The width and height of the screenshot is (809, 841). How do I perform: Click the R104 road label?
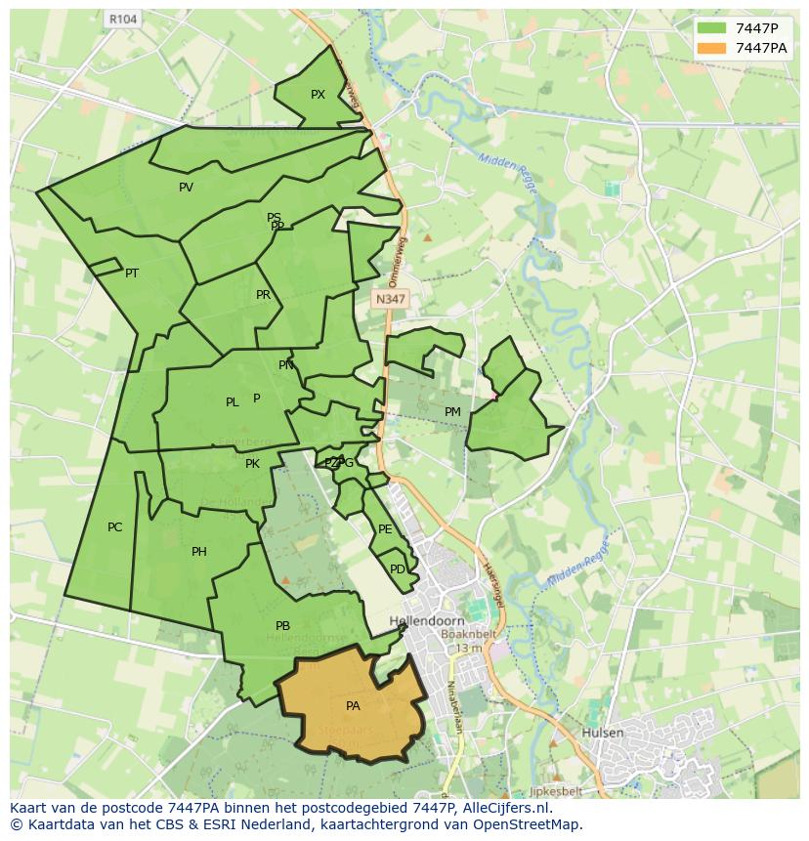coord(123,19)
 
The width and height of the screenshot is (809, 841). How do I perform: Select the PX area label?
coord(318,95)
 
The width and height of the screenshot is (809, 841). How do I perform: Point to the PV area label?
coord(186,188)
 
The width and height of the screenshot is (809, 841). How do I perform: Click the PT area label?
coord(132,273)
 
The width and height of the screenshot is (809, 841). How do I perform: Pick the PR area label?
coord(263,295)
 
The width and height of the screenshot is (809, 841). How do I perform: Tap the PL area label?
coord(232,402)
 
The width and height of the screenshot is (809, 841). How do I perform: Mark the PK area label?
coord(252,464)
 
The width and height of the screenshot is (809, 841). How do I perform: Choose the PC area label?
coord(114,527)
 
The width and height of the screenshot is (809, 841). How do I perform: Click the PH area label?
coord(199,552)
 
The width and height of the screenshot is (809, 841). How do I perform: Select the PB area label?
coord(282,626)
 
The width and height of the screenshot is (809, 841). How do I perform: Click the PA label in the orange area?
coord(353,705)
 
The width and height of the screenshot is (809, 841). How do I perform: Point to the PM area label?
coord(452,412)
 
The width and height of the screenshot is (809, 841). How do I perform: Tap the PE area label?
coord(385,529)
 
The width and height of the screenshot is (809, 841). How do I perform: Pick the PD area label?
coord(397,569)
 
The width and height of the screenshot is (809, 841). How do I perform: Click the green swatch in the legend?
coord(711,27)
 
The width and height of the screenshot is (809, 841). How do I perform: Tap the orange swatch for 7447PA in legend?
coord(711,47)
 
